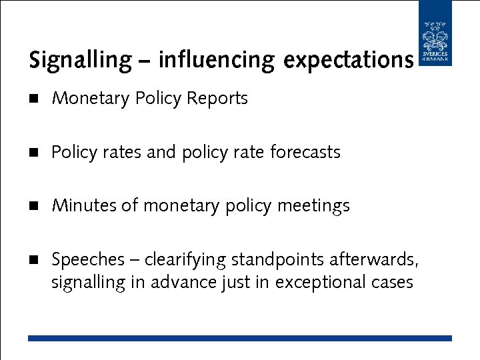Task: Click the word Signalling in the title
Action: point(81,61)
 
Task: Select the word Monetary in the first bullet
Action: point(91,99)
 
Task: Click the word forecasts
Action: point(305,152)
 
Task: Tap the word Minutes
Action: point(84,206)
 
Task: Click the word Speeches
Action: point(88,259)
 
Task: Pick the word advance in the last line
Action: point(183,283)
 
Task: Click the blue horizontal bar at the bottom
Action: point(239,339)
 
